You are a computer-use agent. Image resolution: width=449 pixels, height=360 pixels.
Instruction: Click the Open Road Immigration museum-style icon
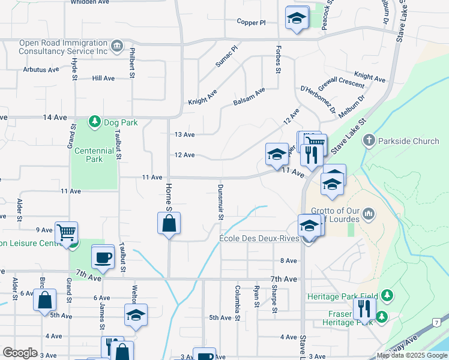click(x=117, y=46)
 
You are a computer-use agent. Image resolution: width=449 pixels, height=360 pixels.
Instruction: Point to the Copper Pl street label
click(x=251, y=23)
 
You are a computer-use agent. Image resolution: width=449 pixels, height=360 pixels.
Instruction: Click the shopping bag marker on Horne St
click(x=169, y=224)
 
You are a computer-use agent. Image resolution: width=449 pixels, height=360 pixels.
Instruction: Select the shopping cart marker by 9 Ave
click(x=66, y=232)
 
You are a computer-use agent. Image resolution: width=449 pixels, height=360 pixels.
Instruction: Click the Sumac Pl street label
click(x=227, y=56)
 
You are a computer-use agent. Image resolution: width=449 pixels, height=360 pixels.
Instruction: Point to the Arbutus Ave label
click(x=41, y=70)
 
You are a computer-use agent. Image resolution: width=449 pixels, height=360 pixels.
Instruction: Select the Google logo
click(x=20, y=353)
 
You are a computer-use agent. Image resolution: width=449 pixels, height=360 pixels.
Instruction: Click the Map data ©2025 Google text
click(x=412, y=356)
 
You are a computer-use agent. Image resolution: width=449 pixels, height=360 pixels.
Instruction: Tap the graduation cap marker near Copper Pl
click(x=297, y=18)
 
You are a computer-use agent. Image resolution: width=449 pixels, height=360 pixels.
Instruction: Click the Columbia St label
click(x=238, y=296)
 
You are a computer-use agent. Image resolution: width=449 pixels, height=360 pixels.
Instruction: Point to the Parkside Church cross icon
click(x=369, y=142)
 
